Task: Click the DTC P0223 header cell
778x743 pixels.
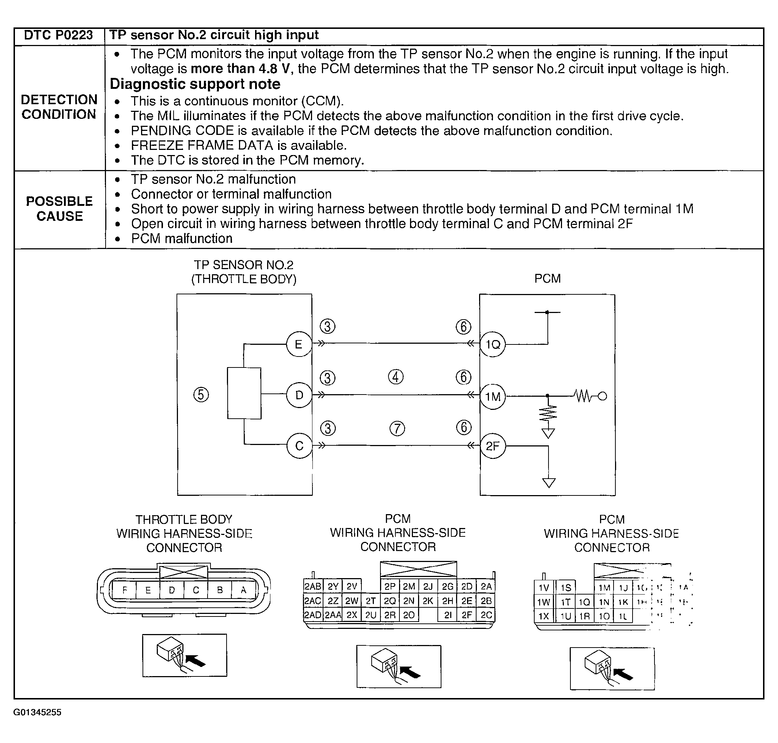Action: click(58, 35)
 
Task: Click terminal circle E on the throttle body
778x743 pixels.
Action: click(299, 344)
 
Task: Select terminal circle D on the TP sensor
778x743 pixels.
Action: click(299, 395)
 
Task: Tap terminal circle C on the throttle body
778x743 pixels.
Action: click(300, 446)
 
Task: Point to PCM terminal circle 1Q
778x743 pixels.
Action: click(493, 344)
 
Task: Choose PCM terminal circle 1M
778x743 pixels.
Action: click(493, 396)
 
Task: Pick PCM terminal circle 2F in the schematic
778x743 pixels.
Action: click(493, 446)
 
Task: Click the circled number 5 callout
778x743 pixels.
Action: click(201, 395)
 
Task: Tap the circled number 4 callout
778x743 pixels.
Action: click(396, 377)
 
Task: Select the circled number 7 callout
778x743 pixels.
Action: click(397, 429)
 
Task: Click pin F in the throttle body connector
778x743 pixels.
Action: click(125, 591)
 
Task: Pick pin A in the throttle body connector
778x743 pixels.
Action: click(243, 591)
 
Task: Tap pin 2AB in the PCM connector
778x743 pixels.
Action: click(312, 586)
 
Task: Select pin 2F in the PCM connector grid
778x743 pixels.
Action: click(467, 615)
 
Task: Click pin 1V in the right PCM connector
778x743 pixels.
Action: click(544, 588)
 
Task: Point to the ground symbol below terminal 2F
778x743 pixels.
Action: click(549, 483)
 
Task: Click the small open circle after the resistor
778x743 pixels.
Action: click(602, 396)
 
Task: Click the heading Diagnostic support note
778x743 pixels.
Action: click(195, 84)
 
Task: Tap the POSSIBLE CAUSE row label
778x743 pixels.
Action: click(59, 209)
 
